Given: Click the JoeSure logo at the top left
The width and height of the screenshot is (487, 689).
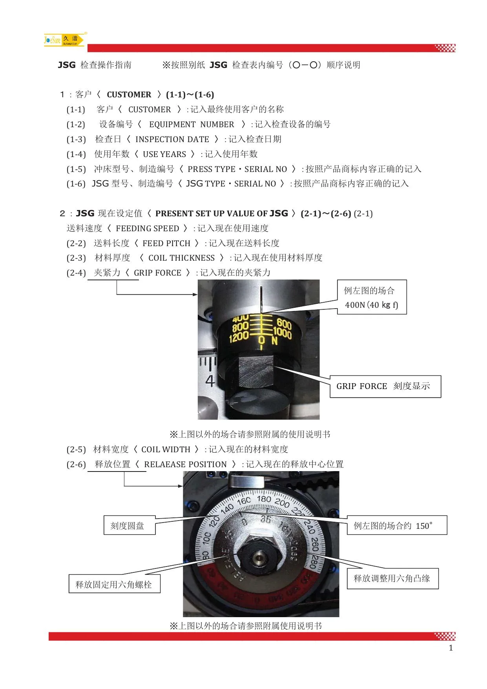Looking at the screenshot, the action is (x=65, y=40).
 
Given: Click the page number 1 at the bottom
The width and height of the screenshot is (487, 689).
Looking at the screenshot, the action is (x=451, y=648).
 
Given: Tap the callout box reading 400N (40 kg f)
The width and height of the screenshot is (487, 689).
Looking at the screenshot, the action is (x=372, y=297).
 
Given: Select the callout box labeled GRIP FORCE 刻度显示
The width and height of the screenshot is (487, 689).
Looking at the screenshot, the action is (x=385, y=386).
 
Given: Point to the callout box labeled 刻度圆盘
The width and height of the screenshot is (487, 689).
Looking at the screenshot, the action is (x=130, y=525).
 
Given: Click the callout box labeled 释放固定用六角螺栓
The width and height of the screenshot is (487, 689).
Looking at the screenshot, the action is (x=114, y=584).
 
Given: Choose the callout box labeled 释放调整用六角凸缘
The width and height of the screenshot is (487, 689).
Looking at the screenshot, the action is (x=392, y=578).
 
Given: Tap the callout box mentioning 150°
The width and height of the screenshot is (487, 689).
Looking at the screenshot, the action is (x=397, y=525).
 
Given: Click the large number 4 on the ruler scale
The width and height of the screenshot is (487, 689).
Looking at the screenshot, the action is (x=210, y=380).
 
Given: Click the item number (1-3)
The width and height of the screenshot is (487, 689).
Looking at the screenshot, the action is (x=76, y=139).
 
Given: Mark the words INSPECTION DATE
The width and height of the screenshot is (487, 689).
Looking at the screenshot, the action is (x=172, y=139).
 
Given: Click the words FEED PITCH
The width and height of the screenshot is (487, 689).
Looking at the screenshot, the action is (x=166, y=243).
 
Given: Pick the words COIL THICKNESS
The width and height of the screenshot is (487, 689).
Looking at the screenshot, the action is (x=181, y=258).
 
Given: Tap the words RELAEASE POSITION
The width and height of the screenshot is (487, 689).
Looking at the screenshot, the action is (x=185, y=464).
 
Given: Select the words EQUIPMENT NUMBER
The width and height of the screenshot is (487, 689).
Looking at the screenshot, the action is (x=192, y=124).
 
